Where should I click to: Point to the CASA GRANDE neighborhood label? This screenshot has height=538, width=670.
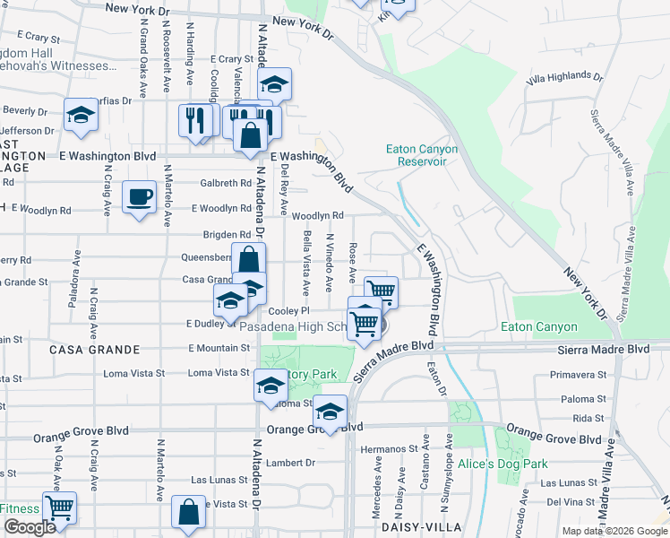(x=94, y=349)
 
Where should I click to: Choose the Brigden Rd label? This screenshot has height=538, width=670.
(x=226, y=235)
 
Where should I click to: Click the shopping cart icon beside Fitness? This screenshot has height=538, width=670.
(x=59, y=508)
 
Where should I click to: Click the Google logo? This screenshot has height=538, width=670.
(x=30, y=527)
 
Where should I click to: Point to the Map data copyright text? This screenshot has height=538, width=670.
(x=614, y=531)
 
